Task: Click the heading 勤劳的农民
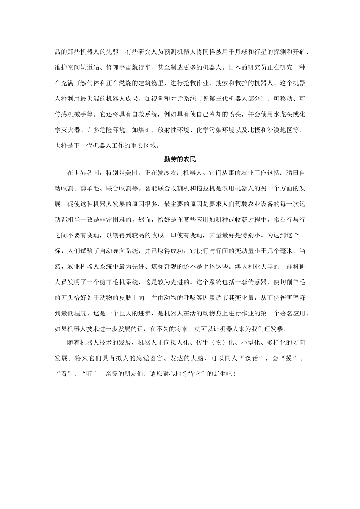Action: [180, 159]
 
